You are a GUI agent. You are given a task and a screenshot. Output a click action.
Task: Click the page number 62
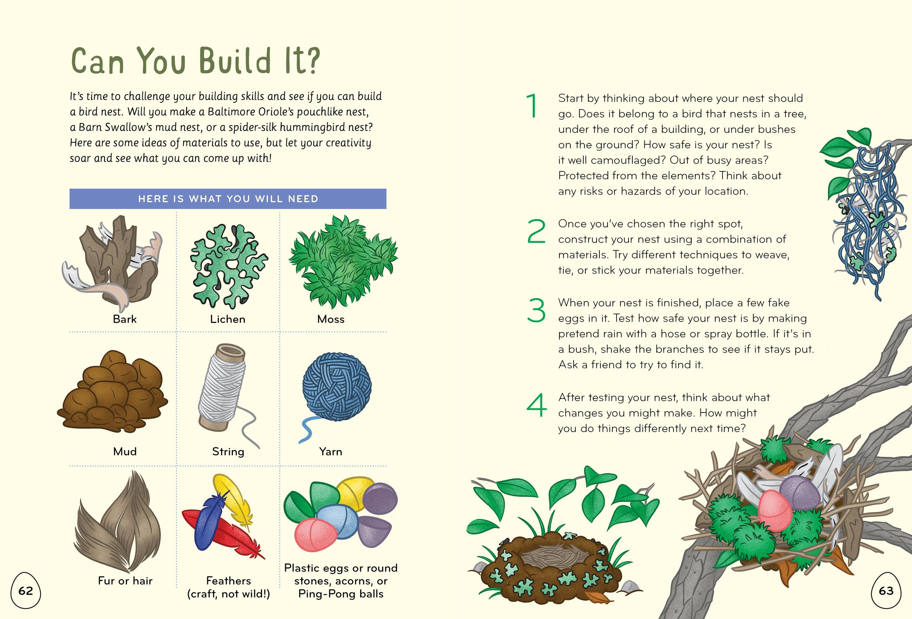tap(26, 591)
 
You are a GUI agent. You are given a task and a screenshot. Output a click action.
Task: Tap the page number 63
tap(886, 591)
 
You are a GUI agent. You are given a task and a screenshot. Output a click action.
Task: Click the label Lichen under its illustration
tap(228, 319)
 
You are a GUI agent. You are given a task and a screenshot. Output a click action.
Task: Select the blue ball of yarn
tap(337, 387)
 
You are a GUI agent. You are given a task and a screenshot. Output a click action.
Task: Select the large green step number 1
tap(533, 106)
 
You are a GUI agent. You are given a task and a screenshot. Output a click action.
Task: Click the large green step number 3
tap(536, 310)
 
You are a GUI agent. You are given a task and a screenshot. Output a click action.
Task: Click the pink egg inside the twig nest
tap(775, 511)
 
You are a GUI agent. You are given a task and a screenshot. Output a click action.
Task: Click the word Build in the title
tap(235, 61)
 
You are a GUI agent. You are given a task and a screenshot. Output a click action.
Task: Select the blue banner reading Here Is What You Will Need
tap(228, 199)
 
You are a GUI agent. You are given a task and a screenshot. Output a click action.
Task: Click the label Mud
tap(125, 451)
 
